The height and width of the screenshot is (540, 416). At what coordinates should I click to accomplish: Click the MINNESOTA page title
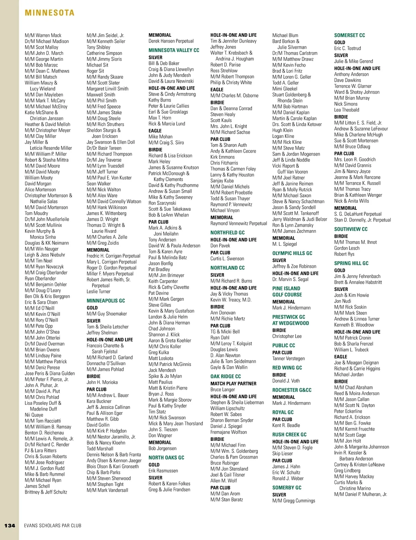(50, 13)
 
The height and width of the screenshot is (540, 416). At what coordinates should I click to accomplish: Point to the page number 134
(10, 525)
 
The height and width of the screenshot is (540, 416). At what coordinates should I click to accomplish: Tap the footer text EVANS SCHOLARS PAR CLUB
(53, 525)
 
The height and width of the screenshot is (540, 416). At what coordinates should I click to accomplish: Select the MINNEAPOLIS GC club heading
(106, 301)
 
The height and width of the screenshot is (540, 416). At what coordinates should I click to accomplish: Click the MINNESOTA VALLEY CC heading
(174, 50)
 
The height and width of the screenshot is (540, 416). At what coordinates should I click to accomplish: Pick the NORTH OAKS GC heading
(166, 458)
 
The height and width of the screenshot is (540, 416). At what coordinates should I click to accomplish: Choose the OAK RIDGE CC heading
(225, 376)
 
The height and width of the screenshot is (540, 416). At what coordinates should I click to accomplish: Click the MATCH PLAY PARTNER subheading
(233, 384)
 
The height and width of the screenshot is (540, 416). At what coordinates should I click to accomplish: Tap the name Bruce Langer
(223, 390)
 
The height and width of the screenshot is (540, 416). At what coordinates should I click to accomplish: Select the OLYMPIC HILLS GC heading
(292, 253)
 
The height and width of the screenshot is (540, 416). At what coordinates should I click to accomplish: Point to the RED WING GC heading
(287, 368)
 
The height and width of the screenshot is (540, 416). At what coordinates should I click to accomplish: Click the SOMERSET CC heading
(349, 35)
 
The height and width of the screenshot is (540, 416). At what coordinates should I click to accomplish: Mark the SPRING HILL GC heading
(351, 263)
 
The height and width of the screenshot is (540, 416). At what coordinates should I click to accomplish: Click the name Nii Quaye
(34, 415)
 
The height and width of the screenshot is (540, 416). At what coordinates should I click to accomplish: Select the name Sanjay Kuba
(222, 181)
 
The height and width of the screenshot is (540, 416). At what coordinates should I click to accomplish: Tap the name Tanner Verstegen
(288, 358)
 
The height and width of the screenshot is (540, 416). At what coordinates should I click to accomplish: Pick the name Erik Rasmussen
(163, 471)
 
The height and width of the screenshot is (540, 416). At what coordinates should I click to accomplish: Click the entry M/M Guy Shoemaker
(107, 314)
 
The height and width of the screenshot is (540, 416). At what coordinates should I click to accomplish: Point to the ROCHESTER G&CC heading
(292, 390)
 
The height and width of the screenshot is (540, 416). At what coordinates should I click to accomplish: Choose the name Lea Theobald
(347, 110)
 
